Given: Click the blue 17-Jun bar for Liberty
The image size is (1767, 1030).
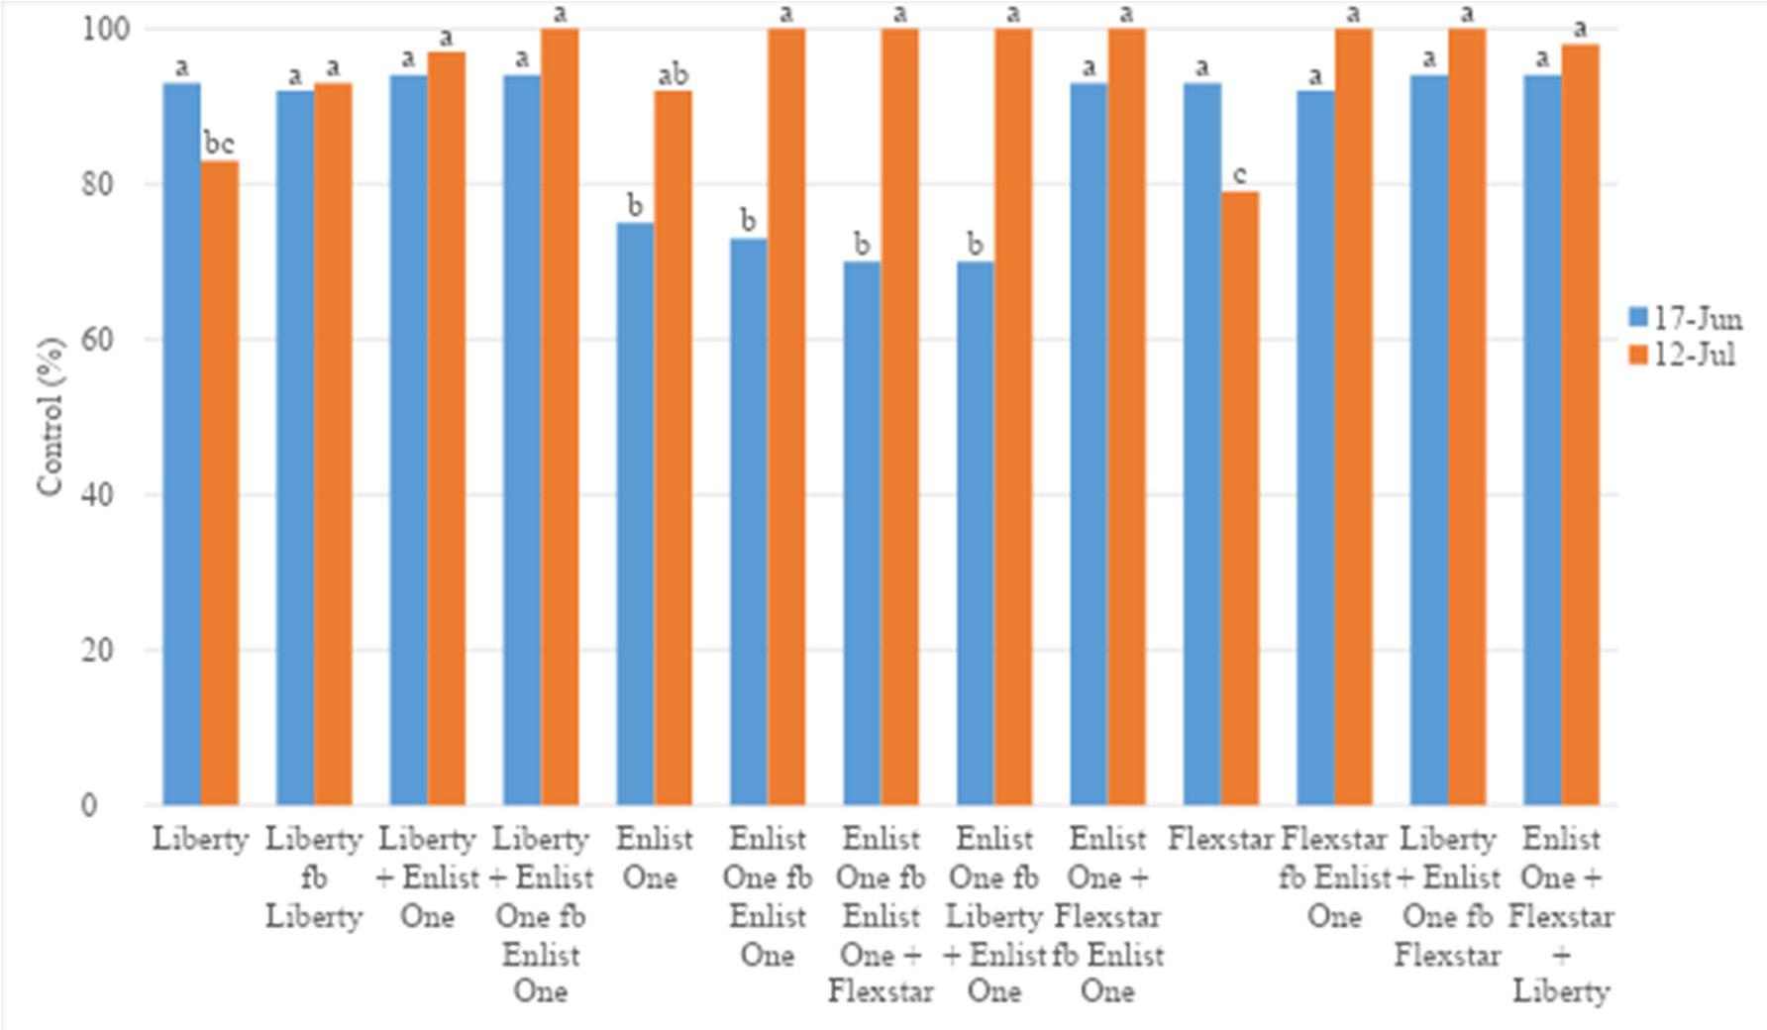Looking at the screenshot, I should click(182, 446).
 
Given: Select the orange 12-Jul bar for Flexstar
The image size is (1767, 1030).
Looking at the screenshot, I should click(1240, 495).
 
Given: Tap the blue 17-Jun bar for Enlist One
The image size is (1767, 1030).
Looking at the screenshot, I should click(635, 515).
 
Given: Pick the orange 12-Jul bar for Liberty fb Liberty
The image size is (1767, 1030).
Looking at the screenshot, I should click(333, 446).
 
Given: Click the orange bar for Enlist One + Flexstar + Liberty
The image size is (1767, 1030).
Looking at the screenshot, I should click(1580, 426).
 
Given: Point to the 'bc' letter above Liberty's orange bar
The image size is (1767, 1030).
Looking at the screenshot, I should click(219, 144).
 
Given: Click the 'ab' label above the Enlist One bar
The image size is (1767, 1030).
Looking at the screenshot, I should click(674, 74).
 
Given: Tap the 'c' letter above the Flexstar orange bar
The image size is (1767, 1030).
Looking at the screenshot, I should click(1240, 176).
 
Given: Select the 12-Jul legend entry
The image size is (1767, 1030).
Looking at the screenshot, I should click(1684, 355).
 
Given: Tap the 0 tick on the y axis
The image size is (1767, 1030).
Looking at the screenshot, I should click(90, 805).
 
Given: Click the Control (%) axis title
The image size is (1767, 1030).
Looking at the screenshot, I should click(50, 416).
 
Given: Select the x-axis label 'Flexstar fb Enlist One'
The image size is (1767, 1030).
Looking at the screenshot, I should click(1334, 877).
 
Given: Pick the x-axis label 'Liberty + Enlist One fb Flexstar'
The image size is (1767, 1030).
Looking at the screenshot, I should click(1447, 896).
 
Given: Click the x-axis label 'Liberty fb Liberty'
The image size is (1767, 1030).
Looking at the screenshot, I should click(314, 877).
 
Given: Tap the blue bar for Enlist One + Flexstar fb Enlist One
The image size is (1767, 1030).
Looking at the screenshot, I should click(1089, 446).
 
